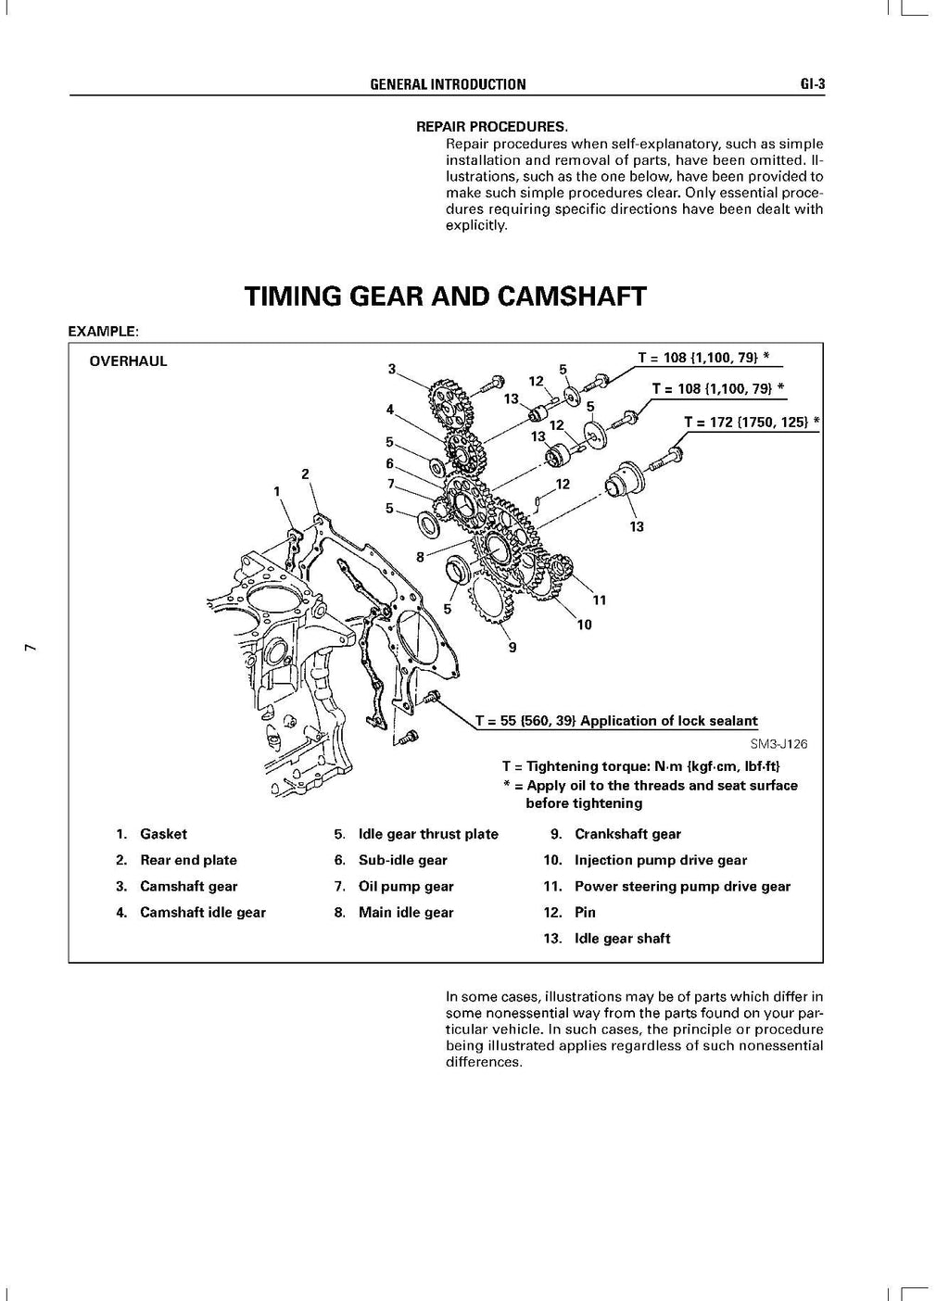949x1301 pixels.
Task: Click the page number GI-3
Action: (x=812, y=84)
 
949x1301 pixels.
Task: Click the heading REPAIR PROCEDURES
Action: (x=491, y=126)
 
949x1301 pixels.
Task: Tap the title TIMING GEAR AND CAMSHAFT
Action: (x=445, y=297)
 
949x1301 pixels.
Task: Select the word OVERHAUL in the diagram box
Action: (x=128, y=361)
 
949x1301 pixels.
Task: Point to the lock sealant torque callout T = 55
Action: (x=616, y=721)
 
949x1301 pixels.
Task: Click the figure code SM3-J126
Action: (x=778, y=743)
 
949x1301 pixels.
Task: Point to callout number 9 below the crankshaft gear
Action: (x=512, y=648)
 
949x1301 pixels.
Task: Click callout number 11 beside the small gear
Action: (x=600, y=600)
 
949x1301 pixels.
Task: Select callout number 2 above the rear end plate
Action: (x=305, y=474)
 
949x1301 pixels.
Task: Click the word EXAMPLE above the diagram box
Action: (x=103, y=330)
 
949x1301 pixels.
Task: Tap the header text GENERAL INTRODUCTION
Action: (x=448, y=84)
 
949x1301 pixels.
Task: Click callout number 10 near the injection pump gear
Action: (x=584, y=625)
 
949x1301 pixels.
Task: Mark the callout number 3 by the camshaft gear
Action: (x=392, y=369)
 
